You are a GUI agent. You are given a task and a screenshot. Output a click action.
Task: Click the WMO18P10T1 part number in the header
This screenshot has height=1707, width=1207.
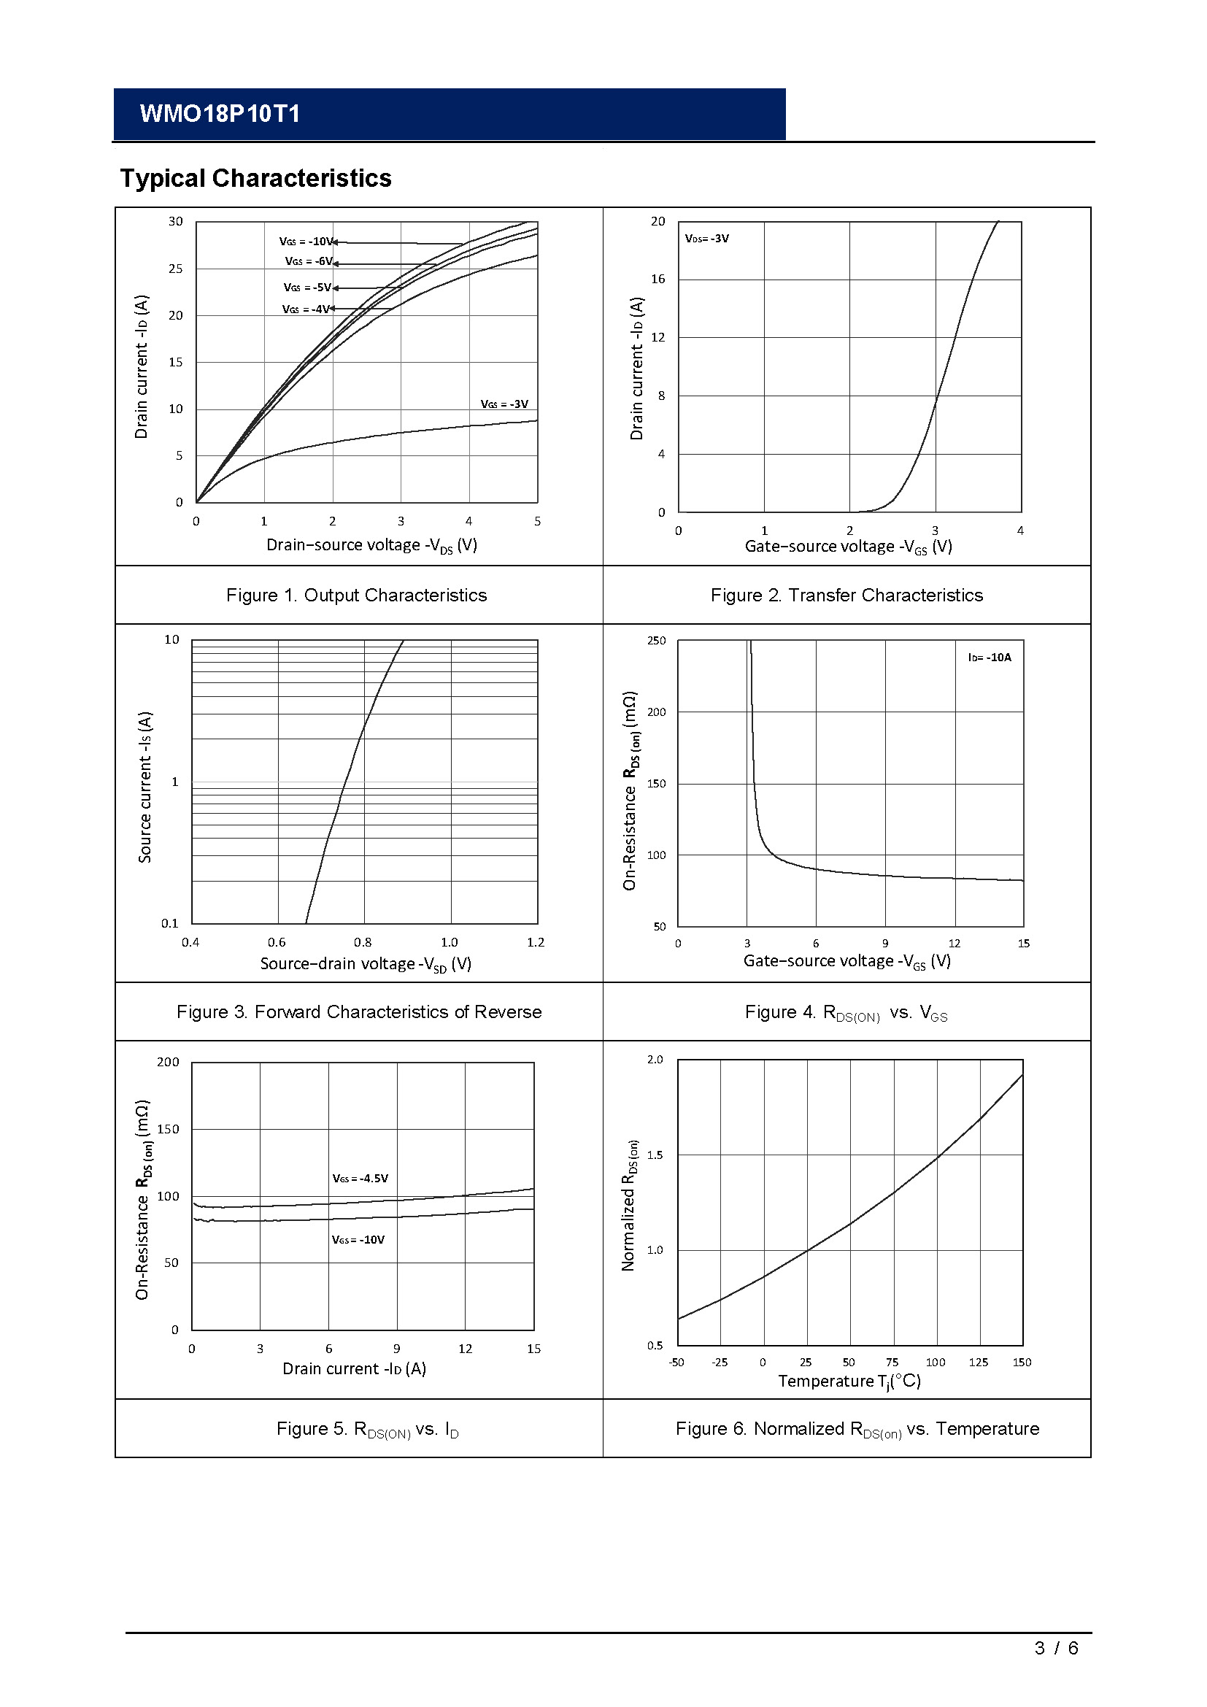[x=220, y=114]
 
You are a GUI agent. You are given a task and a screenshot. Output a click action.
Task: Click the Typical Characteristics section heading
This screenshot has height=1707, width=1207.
[x=255, y=178]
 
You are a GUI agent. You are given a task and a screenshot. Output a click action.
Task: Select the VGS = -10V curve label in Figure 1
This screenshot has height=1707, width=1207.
[x=306, y=242]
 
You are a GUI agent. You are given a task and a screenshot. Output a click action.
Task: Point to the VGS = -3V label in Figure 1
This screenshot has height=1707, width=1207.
[x=504, y=404]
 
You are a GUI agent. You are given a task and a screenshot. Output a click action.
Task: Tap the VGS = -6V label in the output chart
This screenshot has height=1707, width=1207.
[x=309, y=262]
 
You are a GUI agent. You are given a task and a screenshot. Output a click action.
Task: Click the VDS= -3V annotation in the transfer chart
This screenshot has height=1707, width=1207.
[x=707, y=239]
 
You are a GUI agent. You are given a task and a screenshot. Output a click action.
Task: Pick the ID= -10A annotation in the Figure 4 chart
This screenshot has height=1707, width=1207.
[x=990, y=658]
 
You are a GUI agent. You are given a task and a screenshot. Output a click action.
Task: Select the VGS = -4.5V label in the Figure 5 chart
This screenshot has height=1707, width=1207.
[x=360, y=1179]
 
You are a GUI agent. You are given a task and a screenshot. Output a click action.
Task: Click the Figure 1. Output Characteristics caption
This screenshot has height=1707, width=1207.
[x=356, y=596]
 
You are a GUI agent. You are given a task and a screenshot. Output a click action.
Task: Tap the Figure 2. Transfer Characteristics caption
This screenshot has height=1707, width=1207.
[x=847, y=596]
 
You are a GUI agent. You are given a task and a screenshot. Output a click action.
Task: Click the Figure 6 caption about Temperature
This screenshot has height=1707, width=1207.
[x=857, y=1429]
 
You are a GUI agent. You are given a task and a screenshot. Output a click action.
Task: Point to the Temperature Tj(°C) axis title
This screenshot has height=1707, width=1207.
[x=849, y=1382]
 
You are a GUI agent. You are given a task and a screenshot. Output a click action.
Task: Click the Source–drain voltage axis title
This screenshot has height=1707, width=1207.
[x=366, y=964]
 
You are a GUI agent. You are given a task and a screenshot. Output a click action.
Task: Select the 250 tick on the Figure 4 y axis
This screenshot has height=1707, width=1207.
[x=656, y=641]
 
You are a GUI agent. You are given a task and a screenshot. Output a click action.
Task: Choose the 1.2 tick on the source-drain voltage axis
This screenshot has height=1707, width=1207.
[x=535, y=943]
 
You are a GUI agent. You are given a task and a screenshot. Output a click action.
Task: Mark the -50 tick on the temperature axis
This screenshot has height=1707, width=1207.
[x=676, y=1363]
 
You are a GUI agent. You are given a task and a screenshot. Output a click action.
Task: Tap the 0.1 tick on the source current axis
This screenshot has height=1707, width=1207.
[x=170, y=923]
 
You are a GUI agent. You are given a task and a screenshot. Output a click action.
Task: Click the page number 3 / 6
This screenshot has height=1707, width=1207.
[x=1055, y=1649]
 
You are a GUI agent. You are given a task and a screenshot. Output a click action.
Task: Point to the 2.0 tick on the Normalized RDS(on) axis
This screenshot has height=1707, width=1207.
[x=655, y=1060]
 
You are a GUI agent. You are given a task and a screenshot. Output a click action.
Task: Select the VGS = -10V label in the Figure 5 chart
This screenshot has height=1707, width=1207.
[x=358, y=1239]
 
